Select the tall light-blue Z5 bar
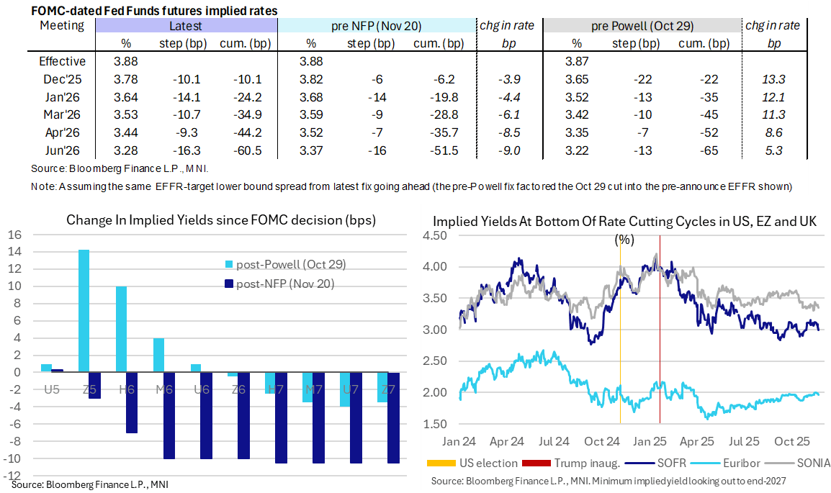[84, 310]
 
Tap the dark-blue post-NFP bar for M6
[169, 415]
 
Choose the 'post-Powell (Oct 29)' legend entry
[288, 264]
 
